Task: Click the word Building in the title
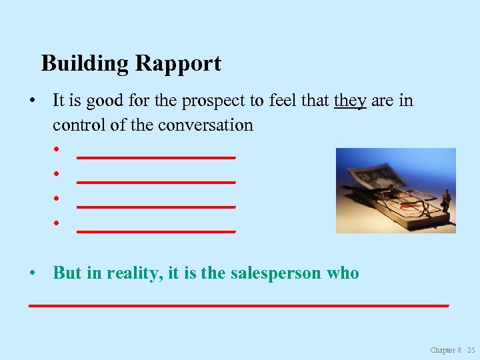click(86, 64)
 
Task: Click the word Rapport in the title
click(179, 64)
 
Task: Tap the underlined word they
click(350, 101)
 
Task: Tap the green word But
click(67, 273)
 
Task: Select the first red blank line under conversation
click(156, 157)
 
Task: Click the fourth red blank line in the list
click(156, 231)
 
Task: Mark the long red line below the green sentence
click(238, 304)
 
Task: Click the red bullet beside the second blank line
click(58, 173)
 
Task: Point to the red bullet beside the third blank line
click(58, 198)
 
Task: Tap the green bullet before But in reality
click(32, 273)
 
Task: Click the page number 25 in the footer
click(471, 350)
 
